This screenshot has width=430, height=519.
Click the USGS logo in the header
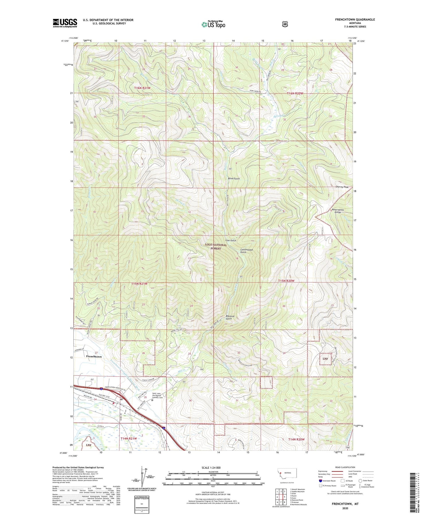[x=65, y=23]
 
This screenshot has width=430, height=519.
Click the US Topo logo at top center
[x=213, y=24]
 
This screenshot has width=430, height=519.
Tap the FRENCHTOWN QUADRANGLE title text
[x=355, y=19]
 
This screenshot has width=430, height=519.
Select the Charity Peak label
[x=342, y=187]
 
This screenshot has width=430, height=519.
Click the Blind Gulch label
[x=234, y=178]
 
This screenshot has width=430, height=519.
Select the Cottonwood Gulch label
[x=246, y=251]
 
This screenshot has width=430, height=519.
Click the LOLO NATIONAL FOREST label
[x=216, y=246]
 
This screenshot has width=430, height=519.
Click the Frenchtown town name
[x=94, y=357]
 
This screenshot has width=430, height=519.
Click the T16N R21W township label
[x=142, y=88]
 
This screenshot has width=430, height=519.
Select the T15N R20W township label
[x=286, y=281]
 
